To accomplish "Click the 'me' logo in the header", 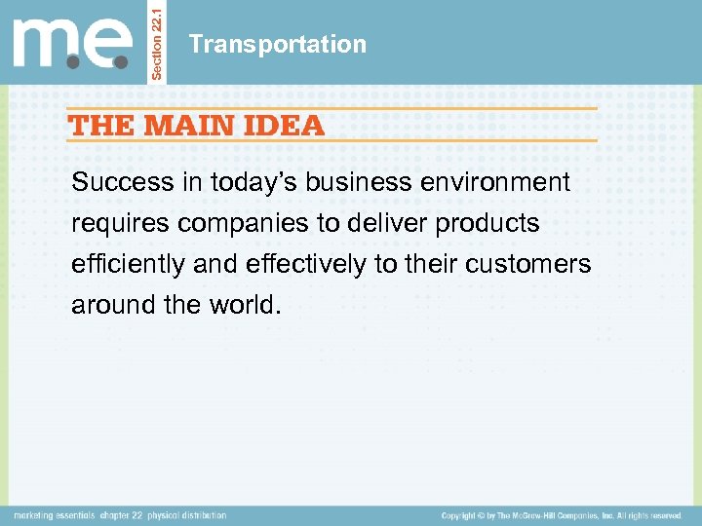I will [73, 43].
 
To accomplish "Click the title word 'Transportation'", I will [278, 44].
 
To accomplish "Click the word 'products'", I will [487, 223].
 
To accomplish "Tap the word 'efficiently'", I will [127, 264].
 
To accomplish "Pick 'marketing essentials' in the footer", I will [53, 515].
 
